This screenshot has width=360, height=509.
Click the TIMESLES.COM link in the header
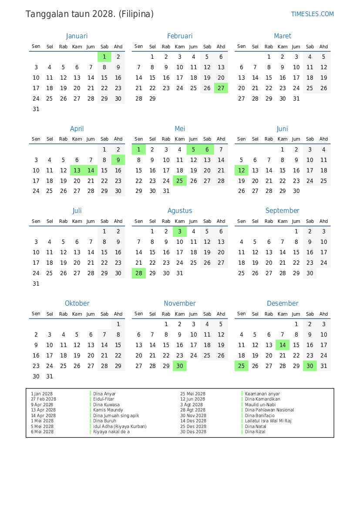pyautogui.click(x=312, y=14)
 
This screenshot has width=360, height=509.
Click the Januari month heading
pyautogui.click(x=77, y=36)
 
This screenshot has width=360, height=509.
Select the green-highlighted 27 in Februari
pyautogui.click(x=221, y=88)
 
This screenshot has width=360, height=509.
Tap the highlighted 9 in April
pyautogui.click(x=118, y=160)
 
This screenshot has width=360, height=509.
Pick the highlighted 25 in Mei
pyautogui.click(x=179, y=181)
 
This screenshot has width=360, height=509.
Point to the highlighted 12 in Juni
pyautogui.click(x=241, y=170)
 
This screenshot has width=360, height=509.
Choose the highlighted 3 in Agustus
pyautogui.click(x=179, y=232)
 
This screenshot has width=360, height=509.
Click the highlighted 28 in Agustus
pyautogui.click(x=138, y=273)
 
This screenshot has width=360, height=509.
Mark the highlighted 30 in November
pyautogui.click(x=179, y=366)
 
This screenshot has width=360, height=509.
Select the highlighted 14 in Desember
pyautogui.click(x=283, y=345)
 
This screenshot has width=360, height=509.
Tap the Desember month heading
pyautogui.click(x=283, y=303)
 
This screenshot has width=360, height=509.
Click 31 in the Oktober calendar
pyautogui.click(x=50, y=377)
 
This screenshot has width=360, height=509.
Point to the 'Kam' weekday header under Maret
pyautogui.click(x=283, y=47)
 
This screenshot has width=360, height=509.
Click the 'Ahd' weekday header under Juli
pyautogui.click(x=118, y=221)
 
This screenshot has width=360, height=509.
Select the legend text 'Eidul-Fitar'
pyautogui.click(x=104, y=399)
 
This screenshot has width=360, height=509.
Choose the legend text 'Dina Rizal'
pyautogui.click(x=256, y=431)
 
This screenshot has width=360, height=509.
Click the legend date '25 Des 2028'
pyautogui.click(x=193, y=426)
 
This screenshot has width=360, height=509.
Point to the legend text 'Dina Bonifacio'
pyautogui.click(x=260, y=415)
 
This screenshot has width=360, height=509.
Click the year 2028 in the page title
pyautogui.click(x=104, y=14)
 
